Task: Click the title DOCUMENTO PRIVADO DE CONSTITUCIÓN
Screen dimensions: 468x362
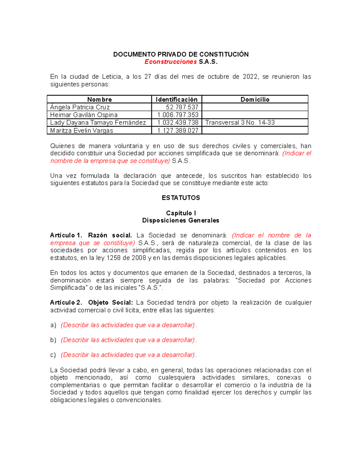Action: click(x=181, y=54)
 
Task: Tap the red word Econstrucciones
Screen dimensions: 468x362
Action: click(x=170, y=62)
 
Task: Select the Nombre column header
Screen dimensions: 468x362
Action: click(x=99, y=99)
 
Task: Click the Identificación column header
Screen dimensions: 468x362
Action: click(x=176, y=99)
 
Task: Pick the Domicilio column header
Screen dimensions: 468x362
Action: click(x=255, y=99)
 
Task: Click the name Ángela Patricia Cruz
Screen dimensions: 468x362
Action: click(x=80, y=107)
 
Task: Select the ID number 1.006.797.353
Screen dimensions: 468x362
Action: click(x=178, y=115)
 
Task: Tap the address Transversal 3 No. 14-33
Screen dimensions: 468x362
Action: click(x=240, y=123)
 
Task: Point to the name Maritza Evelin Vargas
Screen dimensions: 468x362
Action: click(x=81, y=130)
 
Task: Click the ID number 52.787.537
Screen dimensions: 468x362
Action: click(x=182, y=107)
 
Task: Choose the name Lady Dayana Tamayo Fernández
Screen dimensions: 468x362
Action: click(x=98, y=123)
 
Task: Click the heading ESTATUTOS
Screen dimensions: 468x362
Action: click(x=181, y=198)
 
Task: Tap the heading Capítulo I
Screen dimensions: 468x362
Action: click(x=181, y=213)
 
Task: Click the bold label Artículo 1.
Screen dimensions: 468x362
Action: click(x=66, y=235)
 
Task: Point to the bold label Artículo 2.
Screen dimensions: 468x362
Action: click(x=66, y=303)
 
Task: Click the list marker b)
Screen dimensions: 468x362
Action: click(x=53, y=340)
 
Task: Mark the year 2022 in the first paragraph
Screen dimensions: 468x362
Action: click(x=250, y=77)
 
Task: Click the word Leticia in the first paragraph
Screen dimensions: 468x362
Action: click(x=112, y=77)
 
